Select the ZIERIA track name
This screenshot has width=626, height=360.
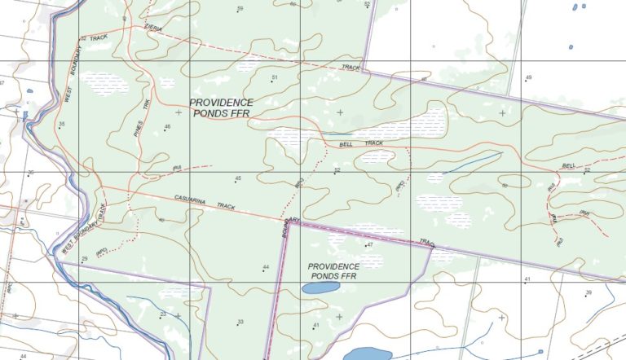click(x=152, y=29)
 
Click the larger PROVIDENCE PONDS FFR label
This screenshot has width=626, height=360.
click(x=221, y=108)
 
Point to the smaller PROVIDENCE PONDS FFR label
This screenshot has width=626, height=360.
click(x=333, y=271)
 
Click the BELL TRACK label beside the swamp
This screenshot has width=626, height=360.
click(x=361, y=143)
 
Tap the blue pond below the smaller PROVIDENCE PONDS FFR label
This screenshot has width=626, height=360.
click(x=320, y=288)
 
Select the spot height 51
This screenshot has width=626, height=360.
click(x=275, y=78)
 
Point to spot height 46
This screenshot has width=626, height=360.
click(x=167, y=127)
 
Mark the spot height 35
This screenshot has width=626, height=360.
click(x=61, y=124)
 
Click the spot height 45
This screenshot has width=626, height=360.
click(x=238, y=178)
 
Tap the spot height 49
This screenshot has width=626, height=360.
click(x=528, y=77)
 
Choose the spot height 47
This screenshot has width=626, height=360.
click(x=368, y=244)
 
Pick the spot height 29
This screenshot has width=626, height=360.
click(x=84, y=259)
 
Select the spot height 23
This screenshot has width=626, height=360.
click(x=163, y=314)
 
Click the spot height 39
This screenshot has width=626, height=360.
click(x=588, y=292)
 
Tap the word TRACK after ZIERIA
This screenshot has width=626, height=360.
click(x=99, y=38)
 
